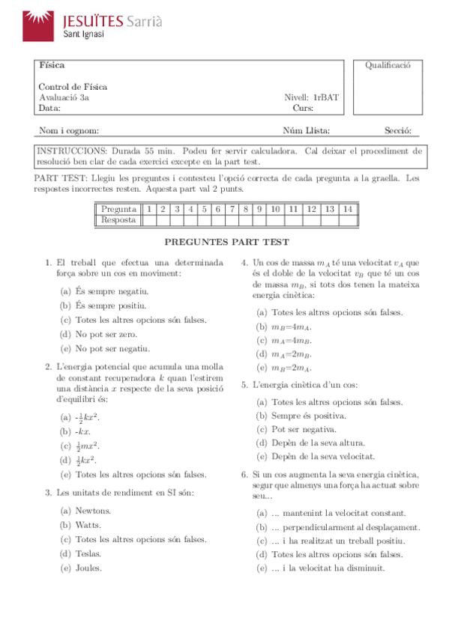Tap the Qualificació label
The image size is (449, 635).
(388, 65)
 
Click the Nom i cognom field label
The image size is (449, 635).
(68, 131)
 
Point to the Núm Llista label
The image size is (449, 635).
(306, 131)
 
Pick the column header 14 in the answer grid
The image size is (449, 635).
(346, 209)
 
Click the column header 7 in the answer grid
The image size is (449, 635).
(232, 209)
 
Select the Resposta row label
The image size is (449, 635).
(118, 220)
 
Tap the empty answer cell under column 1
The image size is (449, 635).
(149, 220)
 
